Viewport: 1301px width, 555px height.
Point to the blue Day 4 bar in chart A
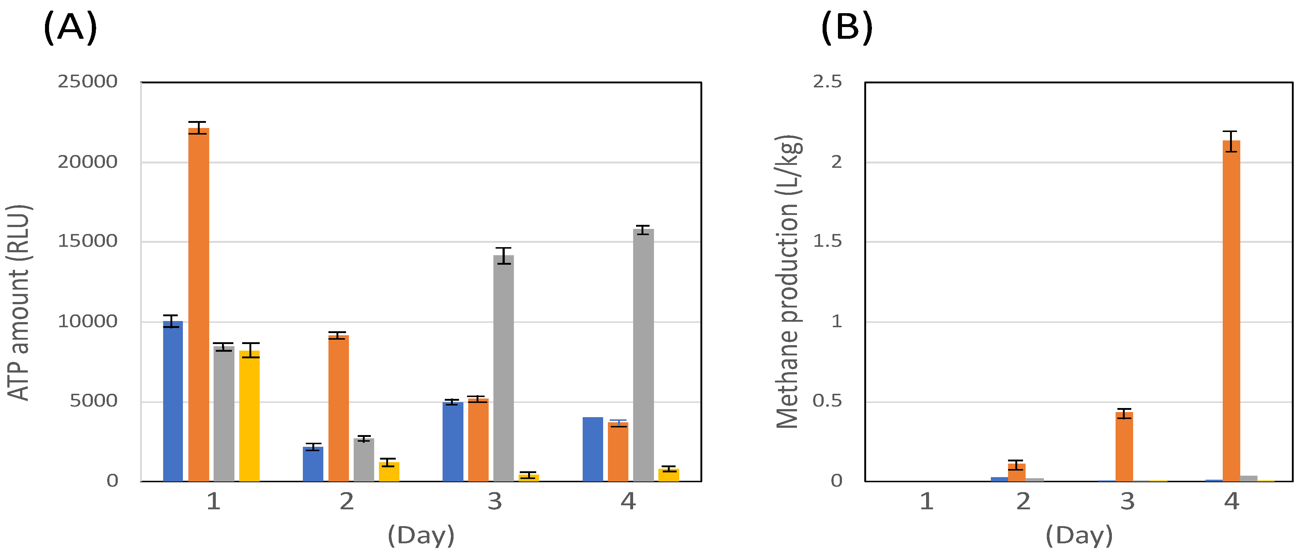[x=593, y=449]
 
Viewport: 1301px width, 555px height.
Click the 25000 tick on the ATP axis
[x=87, y=81]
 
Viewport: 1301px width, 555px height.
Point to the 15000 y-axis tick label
[x=87, y=241]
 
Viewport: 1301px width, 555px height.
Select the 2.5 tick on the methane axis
[x=827, y=81]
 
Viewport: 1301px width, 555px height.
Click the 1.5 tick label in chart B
[x=827, y=241]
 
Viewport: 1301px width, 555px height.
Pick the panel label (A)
[x=70, y=27]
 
